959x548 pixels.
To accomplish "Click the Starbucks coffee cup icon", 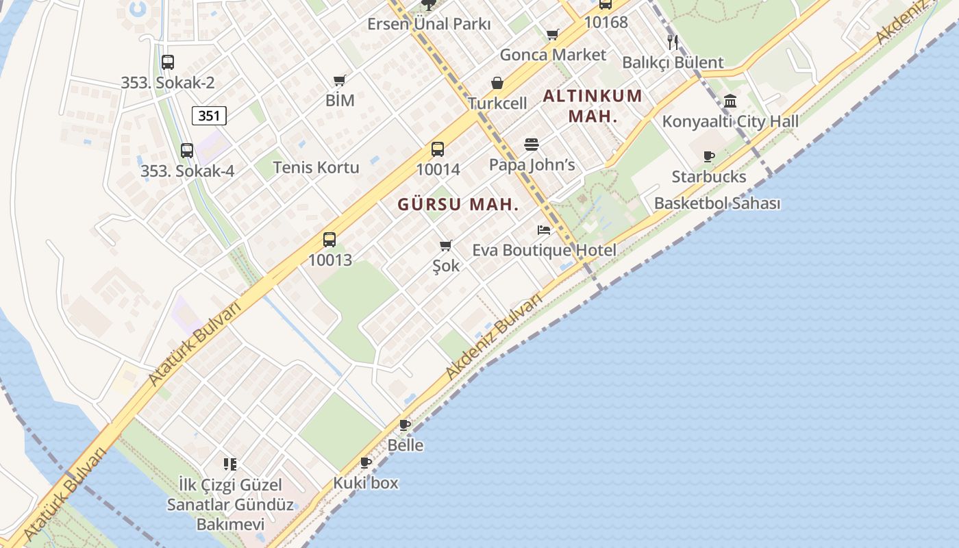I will coord(709,157).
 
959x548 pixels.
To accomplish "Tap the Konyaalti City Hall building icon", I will coord(730,101).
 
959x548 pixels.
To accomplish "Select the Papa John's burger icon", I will coord(532,145).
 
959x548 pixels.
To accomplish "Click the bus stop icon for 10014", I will coord(438,149).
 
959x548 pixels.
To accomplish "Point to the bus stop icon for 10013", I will coord(329,240).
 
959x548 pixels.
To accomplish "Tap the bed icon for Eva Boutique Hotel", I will coord(544,230).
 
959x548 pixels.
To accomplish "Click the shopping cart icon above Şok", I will coord(446,245).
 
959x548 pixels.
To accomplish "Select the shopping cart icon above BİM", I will coord(340,80).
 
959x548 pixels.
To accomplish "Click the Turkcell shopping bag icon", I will coord(497,83).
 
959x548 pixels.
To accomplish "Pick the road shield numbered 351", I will coord(209,116).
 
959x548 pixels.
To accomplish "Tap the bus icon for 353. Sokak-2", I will coord(168,62).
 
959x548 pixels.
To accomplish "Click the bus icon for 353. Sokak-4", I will coord(187,151).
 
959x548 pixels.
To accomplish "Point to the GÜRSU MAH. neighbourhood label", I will coord(458,204).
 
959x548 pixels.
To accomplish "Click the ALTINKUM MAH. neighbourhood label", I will coord(593,105).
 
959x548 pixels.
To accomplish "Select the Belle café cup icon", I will coord(405,425).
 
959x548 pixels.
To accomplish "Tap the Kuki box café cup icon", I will coord(366,462).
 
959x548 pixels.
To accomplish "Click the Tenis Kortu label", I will coord(316,167).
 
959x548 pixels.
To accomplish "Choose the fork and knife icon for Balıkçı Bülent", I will coord(673,42).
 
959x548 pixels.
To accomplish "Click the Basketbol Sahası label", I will coord(717,203).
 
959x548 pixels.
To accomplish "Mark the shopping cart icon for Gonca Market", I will coord(553,34).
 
